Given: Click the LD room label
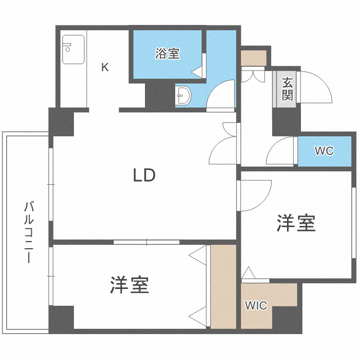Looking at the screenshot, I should tap(144, 176).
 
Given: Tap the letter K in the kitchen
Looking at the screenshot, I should tap(105, 67).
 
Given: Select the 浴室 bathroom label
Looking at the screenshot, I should tap(168, 54).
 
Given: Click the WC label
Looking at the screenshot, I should tap(324, 151).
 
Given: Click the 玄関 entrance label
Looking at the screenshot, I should tap(287, 89).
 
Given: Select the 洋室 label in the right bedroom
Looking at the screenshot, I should tap(296, 223).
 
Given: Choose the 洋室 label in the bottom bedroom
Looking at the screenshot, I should tap(129, 286).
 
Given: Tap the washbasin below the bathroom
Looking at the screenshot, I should tap(183, 96).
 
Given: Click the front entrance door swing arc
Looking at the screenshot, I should tap(317, 86).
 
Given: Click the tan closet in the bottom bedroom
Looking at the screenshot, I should tap(223, 287).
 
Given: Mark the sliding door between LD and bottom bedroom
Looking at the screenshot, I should tap(146, 242).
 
